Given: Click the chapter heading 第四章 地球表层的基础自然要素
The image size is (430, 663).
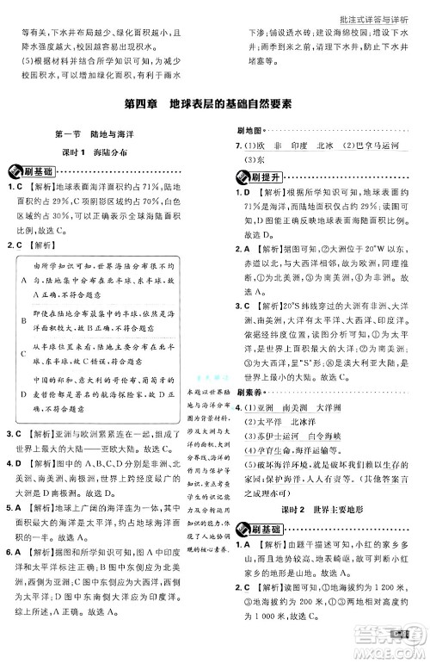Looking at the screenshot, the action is click(215, 106).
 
